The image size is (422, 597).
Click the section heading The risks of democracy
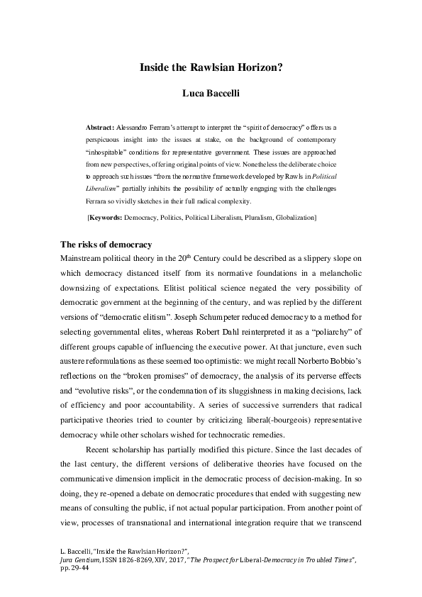(x=106, y=245)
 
